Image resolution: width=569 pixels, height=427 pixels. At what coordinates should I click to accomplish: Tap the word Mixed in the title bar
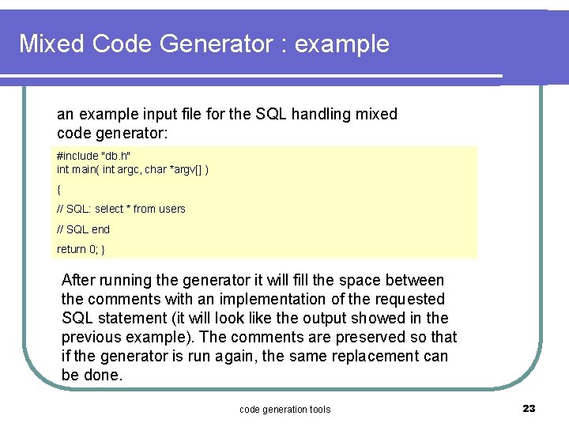click(52, 43)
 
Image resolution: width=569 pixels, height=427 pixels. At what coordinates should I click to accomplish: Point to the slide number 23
click(529, 408)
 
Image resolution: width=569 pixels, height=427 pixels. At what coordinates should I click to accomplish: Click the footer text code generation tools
click(284, 409)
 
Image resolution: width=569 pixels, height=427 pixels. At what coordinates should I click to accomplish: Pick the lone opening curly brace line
click(59, 190)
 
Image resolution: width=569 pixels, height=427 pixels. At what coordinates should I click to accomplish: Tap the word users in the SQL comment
click(172, 209)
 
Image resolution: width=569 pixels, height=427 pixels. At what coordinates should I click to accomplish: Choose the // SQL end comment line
click(84, 229)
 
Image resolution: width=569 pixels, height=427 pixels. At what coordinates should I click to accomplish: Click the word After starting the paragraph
click(81, 280)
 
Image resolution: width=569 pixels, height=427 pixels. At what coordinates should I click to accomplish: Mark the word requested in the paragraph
click(411, 299)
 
